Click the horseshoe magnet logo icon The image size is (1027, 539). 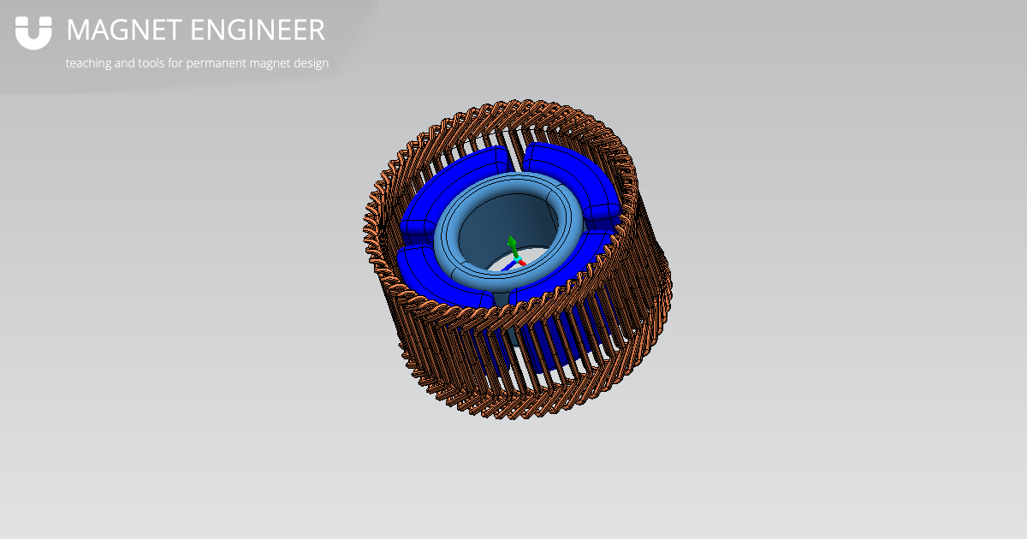click(x=33, y=33)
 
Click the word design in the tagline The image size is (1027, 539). click(x=311, y=63)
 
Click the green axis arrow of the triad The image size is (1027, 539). click(x=512, y=243)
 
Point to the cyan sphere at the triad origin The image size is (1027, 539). click(x=516, y=256)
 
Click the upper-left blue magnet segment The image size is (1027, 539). click(x=454, y=184)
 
